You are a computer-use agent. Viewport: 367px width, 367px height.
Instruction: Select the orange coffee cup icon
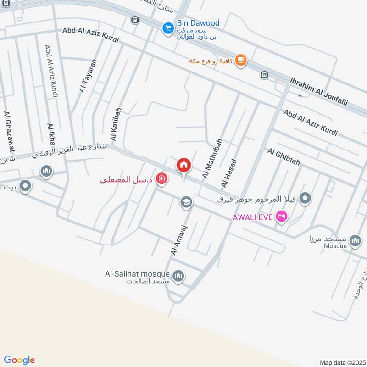[241, 60]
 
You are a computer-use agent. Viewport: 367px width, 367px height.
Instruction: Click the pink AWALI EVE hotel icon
[282, 217]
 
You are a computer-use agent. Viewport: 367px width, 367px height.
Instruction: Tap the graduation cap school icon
[186, 202]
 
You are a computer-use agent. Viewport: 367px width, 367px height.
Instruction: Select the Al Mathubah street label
[212, 159]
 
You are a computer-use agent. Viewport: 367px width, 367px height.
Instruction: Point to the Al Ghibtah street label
[283, 156]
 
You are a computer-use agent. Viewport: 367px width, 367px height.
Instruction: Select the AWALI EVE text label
[253, 217]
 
